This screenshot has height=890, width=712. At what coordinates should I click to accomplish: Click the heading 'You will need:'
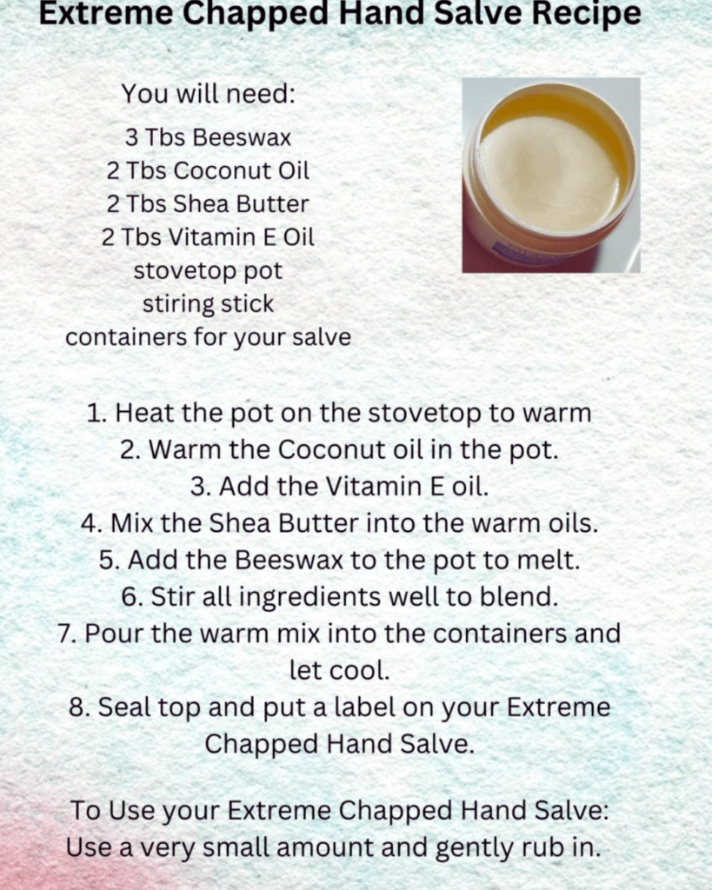(209, 93)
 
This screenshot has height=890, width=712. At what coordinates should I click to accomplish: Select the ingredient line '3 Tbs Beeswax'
(208, 137)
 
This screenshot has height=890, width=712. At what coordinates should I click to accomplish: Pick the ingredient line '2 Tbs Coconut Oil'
(208, 170)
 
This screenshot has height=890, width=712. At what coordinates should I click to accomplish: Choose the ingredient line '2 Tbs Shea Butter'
(208, 203)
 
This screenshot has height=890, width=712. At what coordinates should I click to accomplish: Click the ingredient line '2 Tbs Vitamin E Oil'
(208, 237)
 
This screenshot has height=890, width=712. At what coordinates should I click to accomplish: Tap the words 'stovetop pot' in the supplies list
(208, 271)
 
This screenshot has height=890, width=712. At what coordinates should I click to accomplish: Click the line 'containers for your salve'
(208, 337)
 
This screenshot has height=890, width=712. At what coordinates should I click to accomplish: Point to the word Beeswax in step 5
(289, 561)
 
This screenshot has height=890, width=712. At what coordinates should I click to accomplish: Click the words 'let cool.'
(340, 670)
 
